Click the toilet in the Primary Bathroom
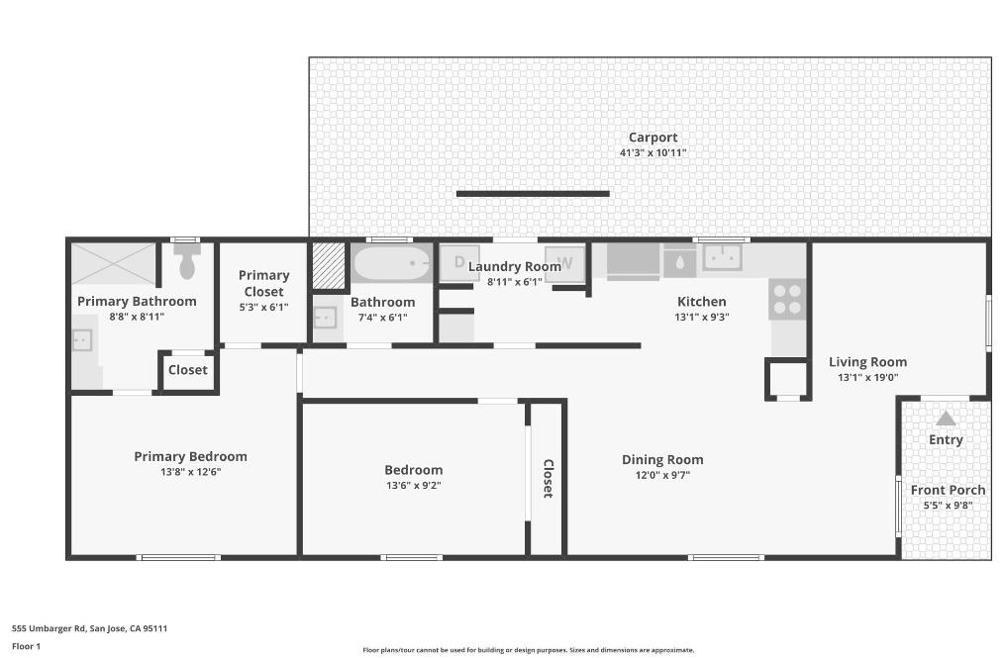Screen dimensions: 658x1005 tap(187, 263)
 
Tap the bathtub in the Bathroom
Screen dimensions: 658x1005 tap(392, 264)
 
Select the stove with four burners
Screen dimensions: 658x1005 tap(787, 299)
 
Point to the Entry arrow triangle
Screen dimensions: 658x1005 tap(946, 419)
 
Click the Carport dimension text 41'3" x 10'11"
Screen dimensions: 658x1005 tap(653, 153)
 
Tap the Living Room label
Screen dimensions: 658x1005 tap(867, 361)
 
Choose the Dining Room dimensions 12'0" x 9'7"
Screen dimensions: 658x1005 tap(662, 475)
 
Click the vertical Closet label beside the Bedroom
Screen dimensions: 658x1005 tap(547, 478)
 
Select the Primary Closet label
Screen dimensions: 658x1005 tap(264, 283)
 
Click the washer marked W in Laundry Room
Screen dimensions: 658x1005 tap(565, 263)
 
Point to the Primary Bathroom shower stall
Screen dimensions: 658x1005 tap(113, 263)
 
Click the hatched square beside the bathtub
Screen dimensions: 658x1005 tap(328, 265)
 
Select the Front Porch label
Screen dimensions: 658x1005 tap(948, 490)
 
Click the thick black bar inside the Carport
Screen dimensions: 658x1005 tap(533, 194)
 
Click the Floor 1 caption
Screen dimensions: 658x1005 tap(26, 646)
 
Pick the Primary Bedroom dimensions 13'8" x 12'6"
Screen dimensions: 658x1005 tap(190, 472)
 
